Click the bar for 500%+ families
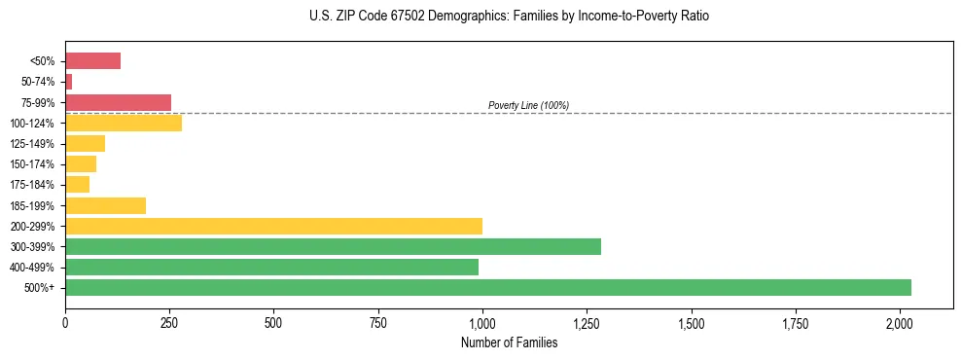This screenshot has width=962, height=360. (x=487, y=287)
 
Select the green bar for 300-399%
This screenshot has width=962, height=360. (x=333, y=246)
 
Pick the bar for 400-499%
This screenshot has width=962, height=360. (x=271, y=267)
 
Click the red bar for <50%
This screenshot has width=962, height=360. (x=92, y=60)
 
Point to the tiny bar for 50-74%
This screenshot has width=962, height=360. (x=69, y=82)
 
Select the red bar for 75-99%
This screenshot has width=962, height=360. (x=118, y=102)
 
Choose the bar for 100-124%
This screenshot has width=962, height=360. (x=124, y=123)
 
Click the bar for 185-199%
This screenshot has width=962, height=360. (x=105, y=205)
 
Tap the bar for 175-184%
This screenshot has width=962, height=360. (x=77, y=184)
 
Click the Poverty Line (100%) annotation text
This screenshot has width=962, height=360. (x=528, y=105)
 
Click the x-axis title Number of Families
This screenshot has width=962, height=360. (x=509, y=342)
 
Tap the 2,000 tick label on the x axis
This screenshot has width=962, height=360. (x=900, y=322)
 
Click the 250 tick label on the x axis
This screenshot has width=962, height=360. (x=169, y=322)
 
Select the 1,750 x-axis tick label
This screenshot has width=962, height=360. (x=796, y=322)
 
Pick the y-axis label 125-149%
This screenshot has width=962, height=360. (x=32, y=144)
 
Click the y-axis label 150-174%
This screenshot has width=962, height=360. (x=32, y=164)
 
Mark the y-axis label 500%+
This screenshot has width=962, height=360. (x=39, y=288)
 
